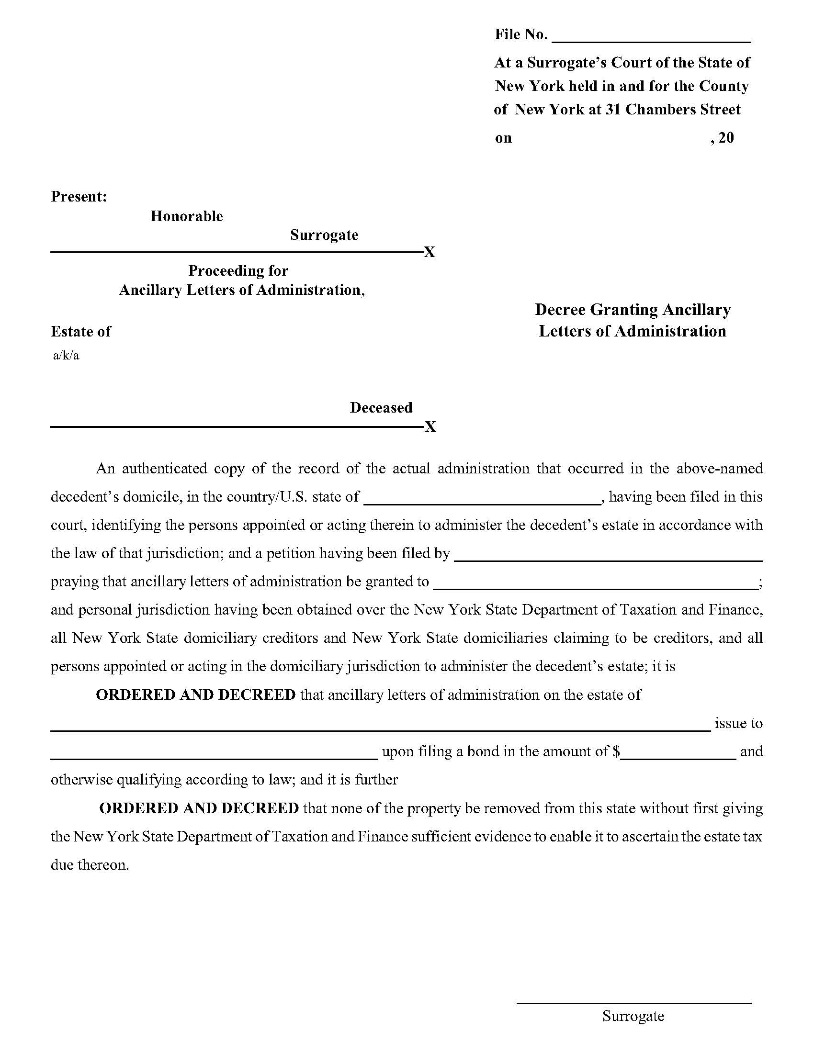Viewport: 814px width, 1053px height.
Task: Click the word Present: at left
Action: (x=79, y=197)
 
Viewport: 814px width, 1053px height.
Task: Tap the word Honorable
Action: (x=187, y=216)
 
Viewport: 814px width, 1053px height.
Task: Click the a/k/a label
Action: (x=66, y=356)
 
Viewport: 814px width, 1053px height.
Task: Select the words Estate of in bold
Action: (x=80, y=331)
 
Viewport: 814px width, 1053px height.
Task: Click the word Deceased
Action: (x=381, y=407)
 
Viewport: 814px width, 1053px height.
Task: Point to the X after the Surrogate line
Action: (x=429, y=252)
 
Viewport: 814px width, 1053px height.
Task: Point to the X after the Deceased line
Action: (x=430, y=426)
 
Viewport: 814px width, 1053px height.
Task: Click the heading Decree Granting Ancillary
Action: (x=632, y=310)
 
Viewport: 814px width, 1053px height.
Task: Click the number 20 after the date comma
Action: (x=726, y=138)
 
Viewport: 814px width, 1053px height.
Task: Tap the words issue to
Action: (x=738, y=723)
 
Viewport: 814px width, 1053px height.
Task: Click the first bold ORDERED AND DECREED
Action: (x=196, y=695)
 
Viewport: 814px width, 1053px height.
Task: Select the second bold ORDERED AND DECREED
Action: (x=199, y=808)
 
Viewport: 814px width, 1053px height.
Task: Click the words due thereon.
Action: (x=90, y=865)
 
